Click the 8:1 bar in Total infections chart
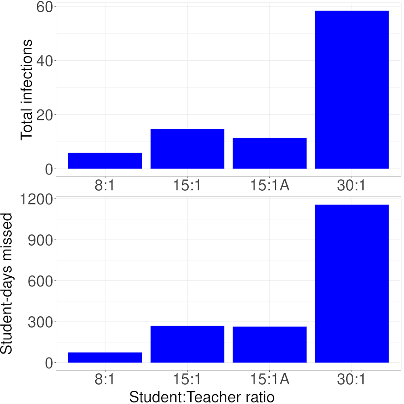coord(105,161)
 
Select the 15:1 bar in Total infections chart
coord(187,149)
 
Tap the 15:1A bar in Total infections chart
coord(269,154)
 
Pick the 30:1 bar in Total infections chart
coord(351,90)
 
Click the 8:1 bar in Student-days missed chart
coord(105,358)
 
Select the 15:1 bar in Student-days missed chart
coord(187,344)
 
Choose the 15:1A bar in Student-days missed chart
coord(269,345)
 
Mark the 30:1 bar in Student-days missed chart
coord(351,284)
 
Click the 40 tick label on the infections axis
coord(44,61)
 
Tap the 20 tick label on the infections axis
coord(44,115)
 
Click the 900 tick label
coord(40,240)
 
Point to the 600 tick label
coord(40,281)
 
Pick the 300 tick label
coord(40,322)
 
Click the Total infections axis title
coord(27,90)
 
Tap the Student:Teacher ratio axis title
coord(202,396)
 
